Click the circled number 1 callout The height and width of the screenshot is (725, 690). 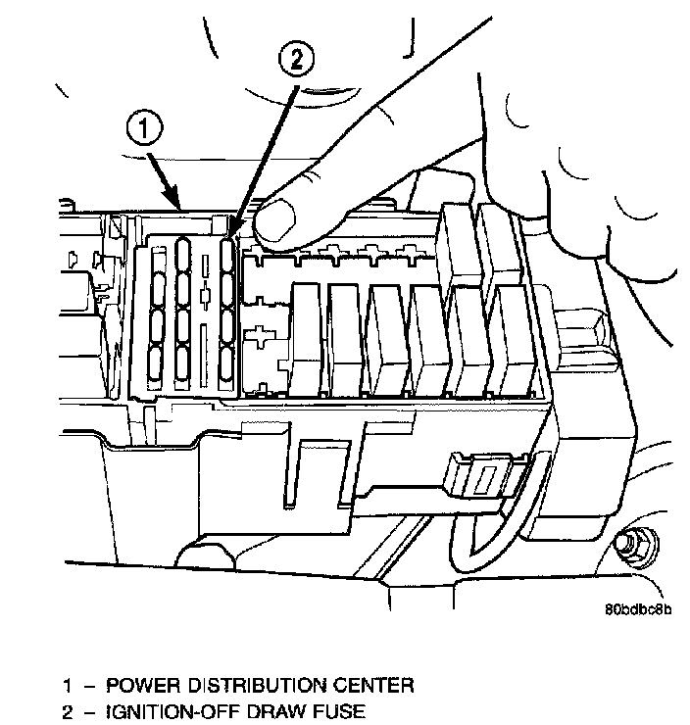click(x=144, y=127)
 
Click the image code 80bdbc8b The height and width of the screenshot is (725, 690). click(x=639, y=609)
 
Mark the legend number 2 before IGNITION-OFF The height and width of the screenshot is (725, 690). click(x=68, y=712)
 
